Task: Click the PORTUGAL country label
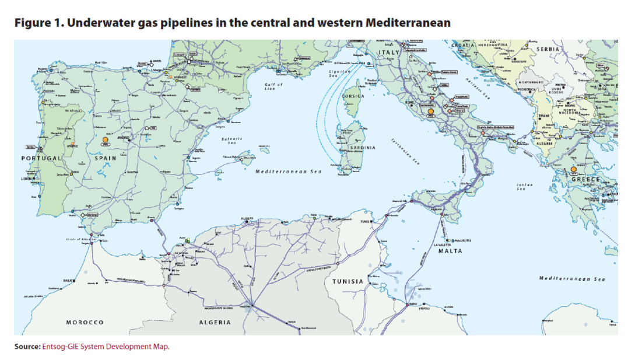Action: coord(41,158)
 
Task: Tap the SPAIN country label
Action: coord(106,158)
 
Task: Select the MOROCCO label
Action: coord(85,322)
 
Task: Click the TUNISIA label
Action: coord(348,281)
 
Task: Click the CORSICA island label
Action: coord(353,96)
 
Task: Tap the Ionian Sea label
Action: coord(521,187)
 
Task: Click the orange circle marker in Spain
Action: coord(106,140)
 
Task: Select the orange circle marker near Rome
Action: coord(430,111)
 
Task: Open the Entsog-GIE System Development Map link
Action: coord(106,347)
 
